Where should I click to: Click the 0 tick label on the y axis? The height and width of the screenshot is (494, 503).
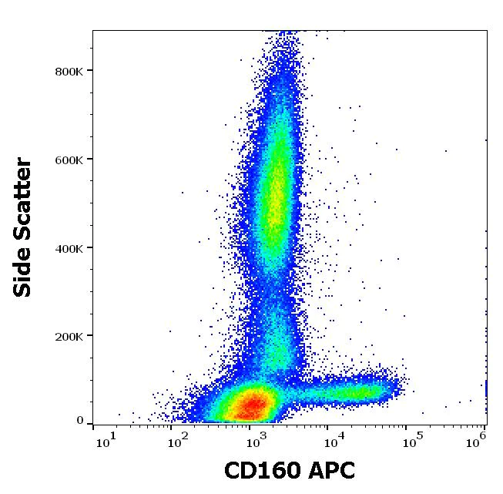(x=79, y=421)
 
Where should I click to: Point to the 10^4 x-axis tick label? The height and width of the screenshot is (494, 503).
(x=334, y=440)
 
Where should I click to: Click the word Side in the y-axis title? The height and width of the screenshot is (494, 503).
(x=24, y=270)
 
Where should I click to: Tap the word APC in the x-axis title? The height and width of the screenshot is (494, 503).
(x=330, y=471)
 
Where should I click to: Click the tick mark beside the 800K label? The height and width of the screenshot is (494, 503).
(x=90, y=71)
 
